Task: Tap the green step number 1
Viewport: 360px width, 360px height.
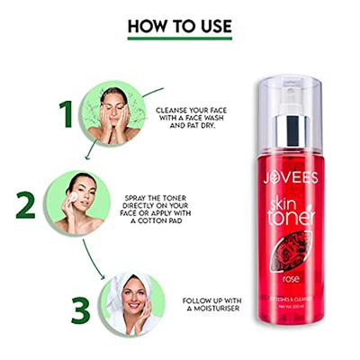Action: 65,114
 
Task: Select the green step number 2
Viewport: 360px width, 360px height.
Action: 25,204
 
